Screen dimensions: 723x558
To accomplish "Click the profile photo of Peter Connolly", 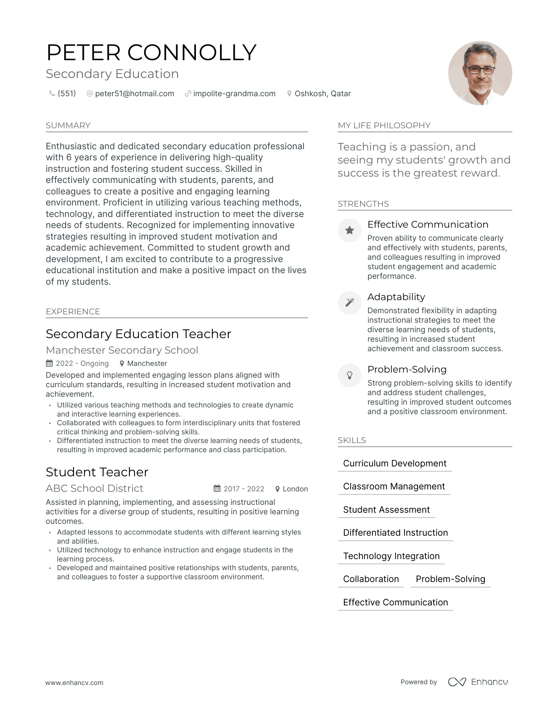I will [x=480, y=73].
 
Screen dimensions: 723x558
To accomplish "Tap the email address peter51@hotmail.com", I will [x=135, y=94].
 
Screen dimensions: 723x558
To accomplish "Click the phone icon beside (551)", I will [x=52, y=93].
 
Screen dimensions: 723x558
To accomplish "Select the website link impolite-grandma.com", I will [x=234, y=94].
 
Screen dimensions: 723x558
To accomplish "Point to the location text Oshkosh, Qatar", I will [x=323, y=94].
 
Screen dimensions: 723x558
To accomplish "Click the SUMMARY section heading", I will [x=68, y=126].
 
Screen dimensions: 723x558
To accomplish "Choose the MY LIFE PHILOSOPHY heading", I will [x=384, y=126].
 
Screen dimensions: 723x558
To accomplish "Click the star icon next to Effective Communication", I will [x=349, y=230].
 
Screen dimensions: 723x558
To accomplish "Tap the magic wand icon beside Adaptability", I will [x=349, y=303].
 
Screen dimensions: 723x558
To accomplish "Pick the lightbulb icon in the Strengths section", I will [x=349, y=375].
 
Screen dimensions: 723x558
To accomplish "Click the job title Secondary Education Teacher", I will [x=139, y=334].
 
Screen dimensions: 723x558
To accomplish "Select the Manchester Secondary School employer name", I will [x=122, y=350].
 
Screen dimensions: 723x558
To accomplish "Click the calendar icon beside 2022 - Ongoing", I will [x=49, y=363].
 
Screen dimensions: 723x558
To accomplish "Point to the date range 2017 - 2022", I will [x=244, y=489].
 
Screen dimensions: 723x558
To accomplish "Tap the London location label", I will [x=295, y=489].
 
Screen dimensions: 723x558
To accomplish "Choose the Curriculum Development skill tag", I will [x=395, y=464].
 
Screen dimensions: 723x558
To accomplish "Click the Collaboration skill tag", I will [x=371, y=579].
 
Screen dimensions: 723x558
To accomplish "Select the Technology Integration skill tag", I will [x=391, y=556].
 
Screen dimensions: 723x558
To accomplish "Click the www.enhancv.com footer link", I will [x=74, y=683].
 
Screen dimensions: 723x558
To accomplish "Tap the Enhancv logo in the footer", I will [x=478, y=682].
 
